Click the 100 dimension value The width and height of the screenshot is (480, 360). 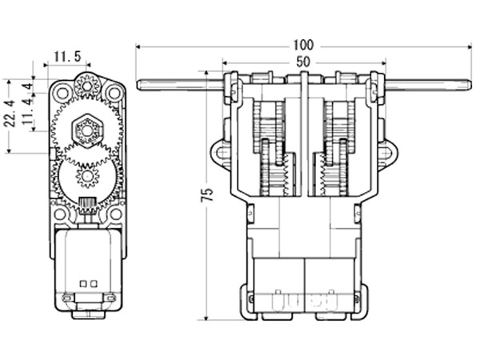click(x=303, y=44)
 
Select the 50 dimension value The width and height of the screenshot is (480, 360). click(x=303, y=61)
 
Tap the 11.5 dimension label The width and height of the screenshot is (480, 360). click(x=67, y=56)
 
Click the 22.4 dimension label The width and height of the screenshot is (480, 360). click(x=9, y=116)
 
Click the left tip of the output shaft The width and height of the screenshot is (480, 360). click(x=140, y=85)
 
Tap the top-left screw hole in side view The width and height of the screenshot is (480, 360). click(x=62, y=93)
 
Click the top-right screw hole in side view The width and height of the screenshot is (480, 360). click(x=113, y=93)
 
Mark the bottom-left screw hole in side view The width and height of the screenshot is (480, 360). click(x=59, y=214)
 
